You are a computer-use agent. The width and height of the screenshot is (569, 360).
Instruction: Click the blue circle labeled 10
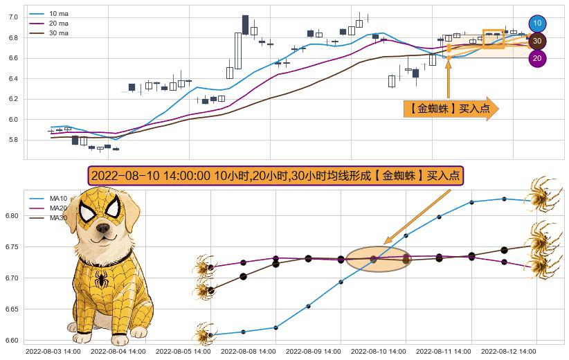click(537, 24)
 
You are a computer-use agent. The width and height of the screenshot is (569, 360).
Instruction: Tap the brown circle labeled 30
click(537, 42)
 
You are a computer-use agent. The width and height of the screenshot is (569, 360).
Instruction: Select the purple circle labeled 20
click(537, 59)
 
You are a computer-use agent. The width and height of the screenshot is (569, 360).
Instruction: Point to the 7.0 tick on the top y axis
click(12, 17)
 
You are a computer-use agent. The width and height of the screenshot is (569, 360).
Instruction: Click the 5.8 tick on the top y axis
click(12, 140)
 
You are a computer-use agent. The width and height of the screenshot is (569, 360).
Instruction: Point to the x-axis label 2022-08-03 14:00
click(53, 352)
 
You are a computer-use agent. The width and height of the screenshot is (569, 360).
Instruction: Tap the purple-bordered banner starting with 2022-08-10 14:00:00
click(276, 175)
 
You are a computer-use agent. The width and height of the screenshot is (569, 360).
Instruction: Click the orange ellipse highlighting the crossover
click(378, 260)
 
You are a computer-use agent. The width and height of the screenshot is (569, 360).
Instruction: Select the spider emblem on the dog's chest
click(102, 280)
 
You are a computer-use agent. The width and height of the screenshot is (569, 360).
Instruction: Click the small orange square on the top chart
click(493, 38)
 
